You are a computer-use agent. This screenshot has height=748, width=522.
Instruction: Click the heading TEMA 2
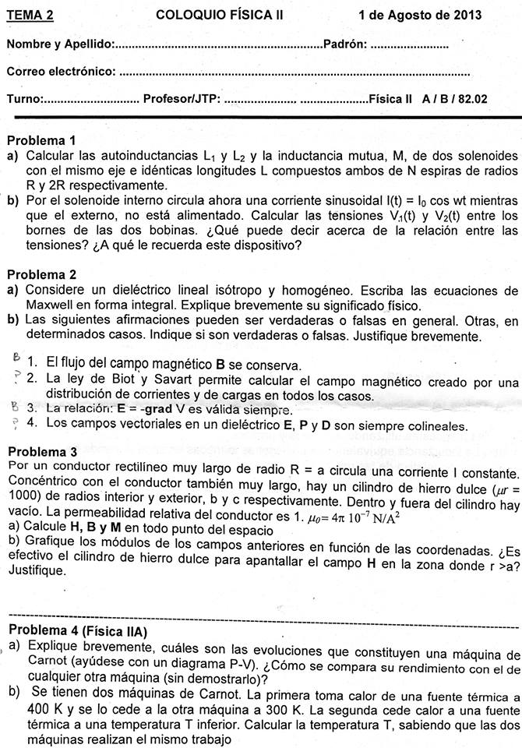pos(30,15)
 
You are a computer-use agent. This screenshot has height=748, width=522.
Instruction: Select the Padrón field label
pos(344,44)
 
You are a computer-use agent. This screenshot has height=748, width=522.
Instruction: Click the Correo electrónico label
pos(61,72)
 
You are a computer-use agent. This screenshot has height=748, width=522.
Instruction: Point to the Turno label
pos(25,99)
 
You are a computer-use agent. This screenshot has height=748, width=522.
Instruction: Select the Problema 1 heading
pos(41,141)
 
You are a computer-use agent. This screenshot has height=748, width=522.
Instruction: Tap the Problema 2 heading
pos(41,274)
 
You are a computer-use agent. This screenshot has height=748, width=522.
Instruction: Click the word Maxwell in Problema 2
pos(48,305)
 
